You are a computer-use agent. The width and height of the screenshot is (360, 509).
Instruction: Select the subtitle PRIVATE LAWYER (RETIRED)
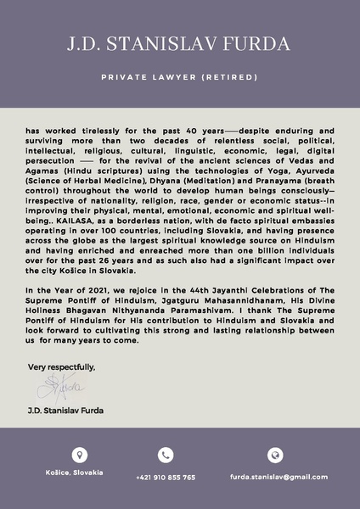(x=179, y=77)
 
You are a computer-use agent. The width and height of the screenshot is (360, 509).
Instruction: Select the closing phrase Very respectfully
(x=62, y=366)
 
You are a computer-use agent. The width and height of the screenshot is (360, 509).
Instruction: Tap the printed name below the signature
(x=66, y=411)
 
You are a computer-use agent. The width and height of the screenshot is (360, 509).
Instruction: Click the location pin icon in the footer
(x=80, y=455)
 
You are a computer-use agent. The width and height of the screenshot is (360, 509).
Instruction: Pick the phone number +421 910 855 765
(x=166, y=477)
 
